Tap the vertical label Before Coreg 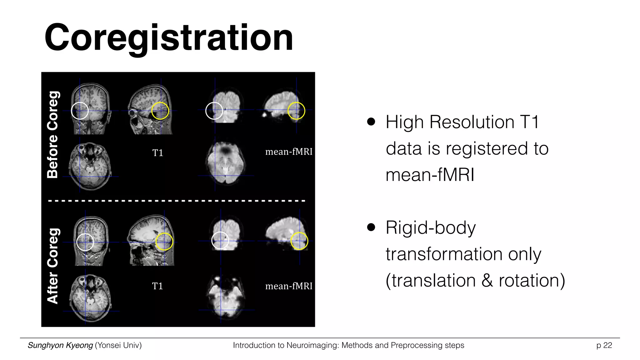(x=52, y=135)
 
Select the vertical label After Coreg (x=52, y=266)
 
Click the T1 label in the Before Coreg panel (x=157, y=153)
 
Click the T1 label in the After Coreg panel (x=157, y=286)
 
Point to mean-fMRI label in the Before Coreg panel (x=289, y=152)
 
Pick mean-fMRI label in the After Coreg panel (x=289, y=286)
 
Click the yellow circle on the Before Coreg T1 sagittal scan (x=160, y=111)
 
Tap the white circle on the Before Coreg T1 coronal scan (x=80, y=111)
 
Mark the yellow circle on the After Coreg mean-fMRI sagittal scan (x=299, y=241)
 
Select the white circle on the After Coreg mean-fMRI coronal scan (x=220, y=241)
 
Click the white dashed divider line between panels (x=177, y=201)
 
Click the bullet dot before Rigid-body (x=371, y=227)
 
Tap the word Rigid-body (x=431, y=227)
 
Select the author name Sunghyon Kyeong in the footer (x=60, y=345)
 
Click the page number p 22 (x=604, y=345)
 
